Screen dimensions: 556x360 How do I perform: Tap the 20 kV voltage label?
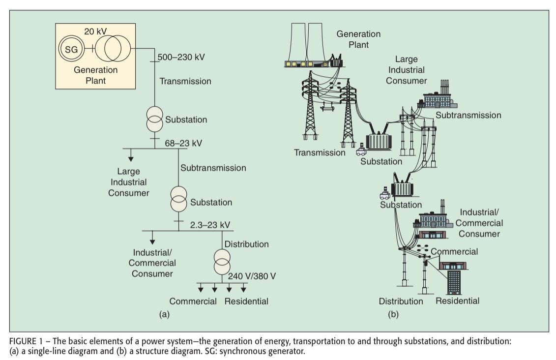coord(95,31)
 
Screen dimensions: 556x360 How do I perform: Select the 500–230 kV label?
coord(181,57)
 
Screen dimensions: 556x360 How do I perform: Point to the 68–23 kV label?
coord(183,143)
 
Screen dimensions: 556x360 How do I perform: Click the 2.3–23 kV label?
coord(210,225)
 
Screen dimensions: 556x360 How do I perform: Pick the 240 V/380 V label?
coord(252,276)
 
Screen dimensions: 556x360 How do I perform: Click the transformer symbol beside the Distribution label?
coord(222,262)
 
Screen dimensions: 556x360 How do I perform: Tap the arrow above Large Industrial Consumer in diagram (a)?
coord(131,155)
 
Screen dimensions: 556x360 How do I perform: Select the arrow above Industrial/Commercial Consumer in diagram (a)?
coord(152,238)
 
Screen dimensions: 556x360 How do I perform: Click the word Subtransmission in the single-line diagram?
coord(213,168)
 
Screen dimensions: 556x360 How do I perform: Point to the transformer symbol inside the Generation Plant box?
coord(113,48)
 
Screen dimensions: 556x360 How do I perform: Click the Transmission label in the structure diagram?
coord(320,152)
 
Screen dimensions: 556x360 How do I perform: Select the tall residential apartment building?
coord(454,282)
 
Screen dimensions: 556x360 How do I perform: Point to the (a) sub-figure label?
coord(164,314)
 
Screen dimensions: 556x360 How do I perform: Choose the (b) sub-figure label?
coord(393,314)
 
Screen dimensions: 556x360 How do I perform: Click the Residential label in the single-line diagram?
coord(246,301)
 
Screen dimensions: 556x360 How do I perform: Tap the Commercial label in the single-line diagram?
coord(193,301)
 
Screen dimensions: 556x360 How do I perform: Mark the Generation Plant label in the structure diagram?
coord(358,39)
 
